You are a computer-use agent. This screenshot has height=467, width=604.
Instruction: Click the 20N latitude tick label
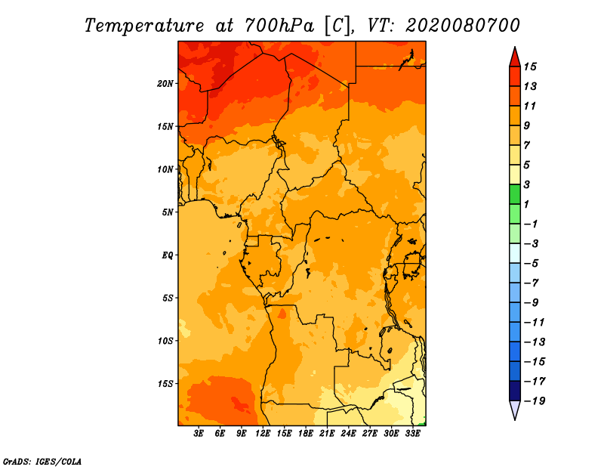[x=165, y=84]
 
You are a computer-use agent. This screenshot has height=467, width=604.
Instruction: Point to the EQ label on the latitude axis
[x=168, y=255]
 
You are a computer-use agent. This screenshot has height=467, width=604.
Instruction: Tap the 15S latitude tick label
[x=165, y=384]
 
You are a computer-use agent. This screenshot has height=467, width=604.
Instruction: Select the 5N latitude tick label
[x=168, y=212]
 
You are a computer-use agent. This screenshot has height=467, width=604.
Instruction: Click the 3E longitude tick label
[x=199, y=433]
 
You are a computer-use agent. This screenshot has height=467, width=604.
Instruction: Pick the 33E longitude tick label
[x=412, y=433]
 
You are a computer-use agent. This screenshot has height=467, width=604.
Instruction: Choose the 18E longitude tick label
[x=306, y=433]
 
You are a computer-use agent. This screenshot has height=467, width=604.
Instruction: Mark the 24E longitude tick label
[x=348, y=433]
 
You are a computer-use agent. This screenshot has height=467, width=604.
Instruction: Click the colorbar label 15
[x=530, y=66]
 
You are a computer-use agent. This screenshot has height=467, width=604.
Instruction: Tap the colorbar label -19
[x=535, y=401]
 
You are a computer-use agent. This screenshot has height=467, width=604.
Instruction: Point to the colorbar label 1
[x=526, y=204]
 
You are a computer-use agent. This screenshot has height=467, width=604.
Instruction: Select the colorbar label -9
[x=532, y=303]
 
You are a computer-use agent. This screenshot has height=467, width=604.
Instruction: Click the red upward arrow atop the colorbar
[x=515, y=57]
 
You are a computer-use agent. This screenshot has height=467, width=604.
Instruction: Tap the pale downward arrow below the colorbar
[x=515, y=410]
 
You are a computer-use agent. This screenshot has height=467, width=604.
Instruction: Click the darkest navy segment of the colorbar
[x=515, y=391]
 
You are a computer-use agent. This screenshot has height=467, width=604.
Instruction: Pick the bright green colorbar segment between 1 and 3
[x=515, y=194]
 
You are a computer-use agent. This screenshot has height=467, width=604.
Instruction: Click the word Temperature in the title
[x=144, y=26]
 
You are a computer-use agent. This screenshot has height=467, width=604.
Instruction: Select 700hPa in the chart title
[x=279, y=26]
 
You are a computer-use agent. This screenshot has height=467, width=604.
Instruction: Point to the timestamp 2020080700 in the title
[x=463, y=26]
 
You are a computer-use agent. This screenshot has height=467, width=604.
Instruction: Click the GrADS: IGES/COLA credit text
[x=42, y=462]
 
